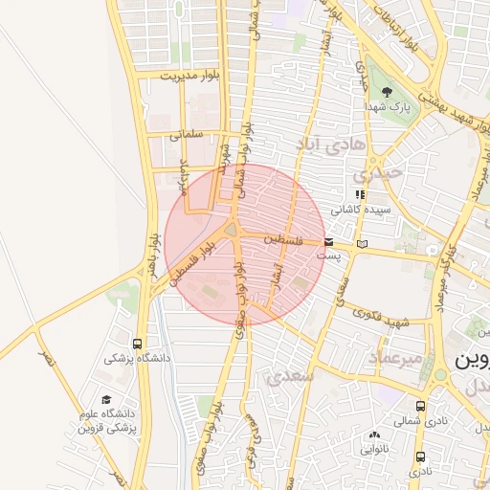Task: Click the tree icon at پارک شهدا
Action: tap(388, 93)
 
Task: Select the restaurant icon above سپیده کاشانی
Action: tap(360, 194)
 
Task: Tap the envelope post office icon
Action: tap(329, 243)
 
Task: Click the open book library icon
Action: tap(361, 244)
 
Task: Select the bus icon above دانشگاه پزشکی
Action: tap(139, 344)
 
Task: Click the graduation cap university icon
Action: tap(105, 400)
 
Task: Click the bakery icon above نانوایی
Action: tap(373, 434)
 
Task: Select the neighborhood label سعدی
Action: tap(293, 376)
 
